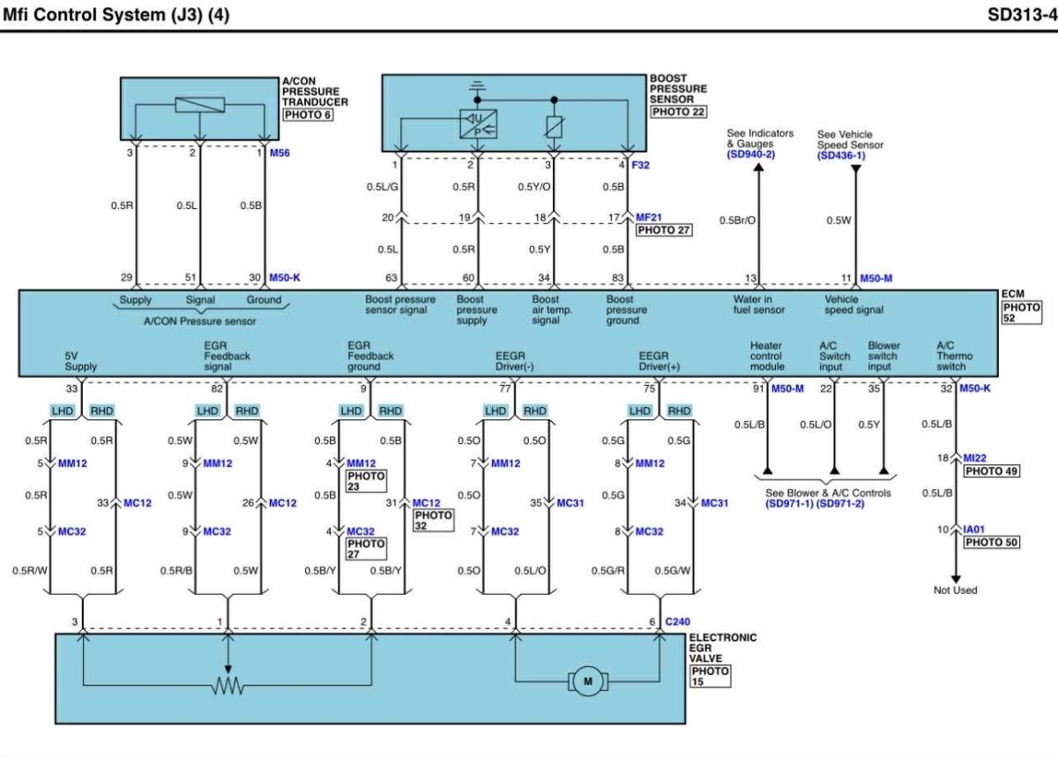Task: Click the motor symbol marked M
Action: click(587, 681)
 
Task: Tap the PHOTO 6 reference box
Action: click(308, 115)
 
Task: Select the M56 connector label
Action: click(279, 153)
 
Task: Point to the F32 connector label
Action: click(640, 165)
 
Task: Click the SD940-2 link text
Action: click(751, 154)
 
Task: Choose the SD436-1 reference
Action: click(841, 155)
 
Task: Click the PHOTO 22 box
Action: click(678, 112)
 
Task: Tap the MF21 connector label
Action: click(649, 218)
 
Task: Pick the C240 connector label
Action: click(677, 621)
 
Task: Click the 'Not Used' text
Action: click(955, 590)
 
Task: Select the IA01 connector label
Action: click(974, 530)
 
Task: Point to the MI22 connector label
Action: click(974, 457)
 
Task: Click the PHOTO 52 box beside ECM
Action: click(1022, 313)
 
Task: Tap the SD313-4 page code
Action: click(1022, 15)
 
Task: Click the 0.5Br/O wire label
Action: click(737, 220)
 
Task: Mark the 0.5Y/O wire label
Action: click(533, 187)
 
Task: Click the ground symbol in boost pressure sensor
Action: click(477, 86)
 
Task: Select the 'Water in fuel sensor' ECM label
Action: click(758, 305)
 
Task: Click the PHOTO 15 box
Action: click(711, 676)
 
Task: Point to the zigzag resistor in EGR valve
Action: click(227, 686)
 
